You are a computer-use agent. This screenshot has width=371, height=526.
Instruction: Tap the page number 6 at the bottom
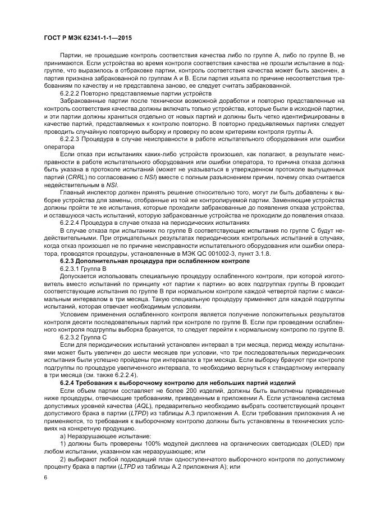(45, 477)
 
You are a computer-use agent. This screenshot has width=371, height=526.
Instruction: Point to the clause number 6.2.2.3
(70, 138)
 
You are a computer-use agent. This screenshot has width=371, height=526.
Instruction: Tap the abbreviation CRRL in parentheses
(75, 176)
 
